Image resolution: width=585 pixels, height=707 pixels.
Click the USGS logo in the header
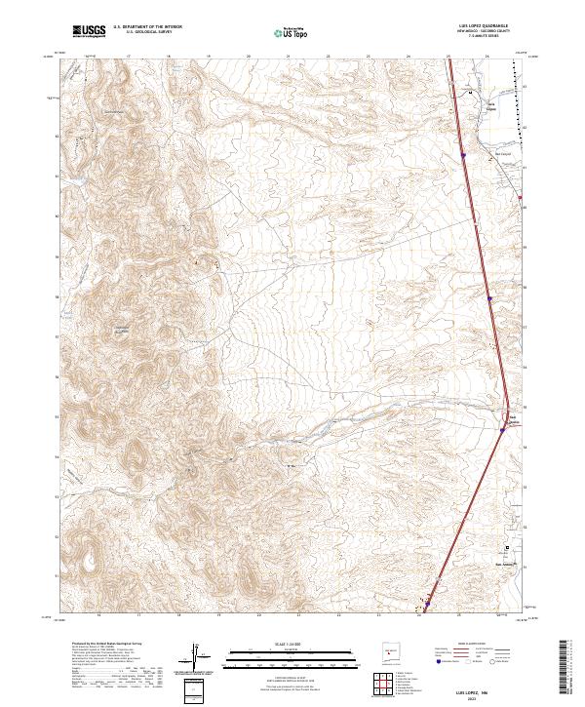89,31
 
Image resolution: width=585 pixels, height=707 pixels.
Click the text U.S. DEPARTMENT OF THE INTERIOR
147,27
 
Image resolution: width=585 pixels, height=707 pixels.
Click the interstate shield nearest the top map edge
463,154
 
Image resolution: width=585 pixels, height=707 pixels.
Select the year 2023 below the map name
482,697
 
